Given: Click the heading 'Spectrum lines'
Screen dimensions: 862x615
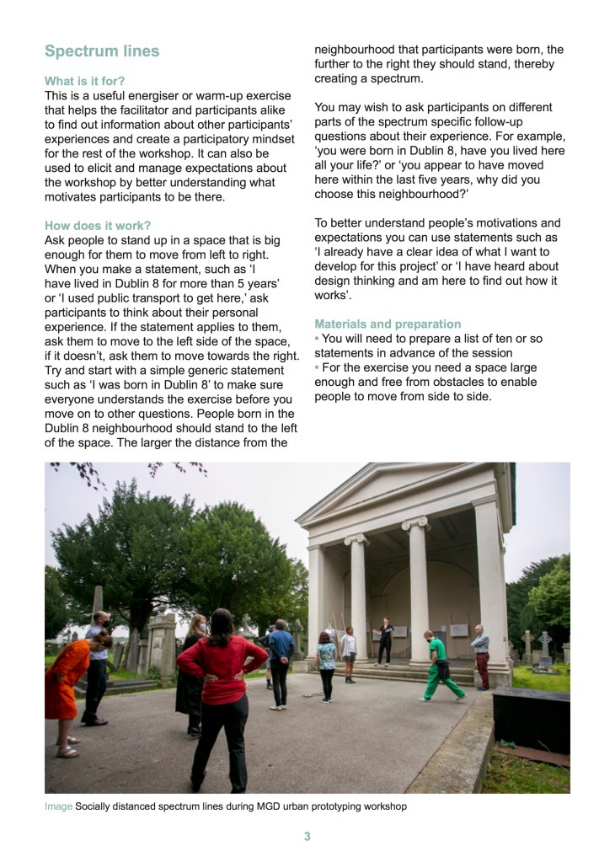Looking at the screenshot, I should (x=101, y=51).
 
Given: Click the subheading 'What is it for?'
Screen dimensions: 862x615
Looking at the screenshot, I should (x=85, y=81).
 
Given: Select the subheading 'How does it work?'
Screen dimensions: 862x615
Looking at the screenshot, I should (x=98, y=225).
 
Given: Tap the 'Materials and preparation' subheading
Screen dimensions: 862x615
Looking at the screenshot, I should (x=388, y=324).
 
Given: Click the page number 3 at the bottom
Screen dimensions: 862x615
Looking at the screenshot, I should (x=307, y=837).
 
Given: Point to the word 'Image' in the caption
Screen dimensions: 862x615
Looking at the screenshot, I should (x=58, y=806).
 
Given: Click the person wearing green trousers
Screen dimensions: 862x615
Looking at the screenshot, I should (x=440, y=666).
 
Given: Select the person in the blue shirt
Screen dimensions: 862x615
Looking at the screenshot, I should (x=281, y=657).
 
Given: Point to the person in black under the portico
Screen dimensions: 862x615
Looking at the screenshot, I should (x=385, y=640).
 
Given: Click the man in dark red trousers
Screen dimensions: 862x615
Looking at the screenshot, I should (x=480, y=656).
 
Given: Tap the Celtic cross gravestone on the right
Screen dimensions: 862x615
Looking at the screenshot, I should (x=545, y=646).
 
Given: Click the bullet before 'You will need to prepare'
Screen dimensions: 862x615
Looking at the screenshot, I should (x=317, y=339).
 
